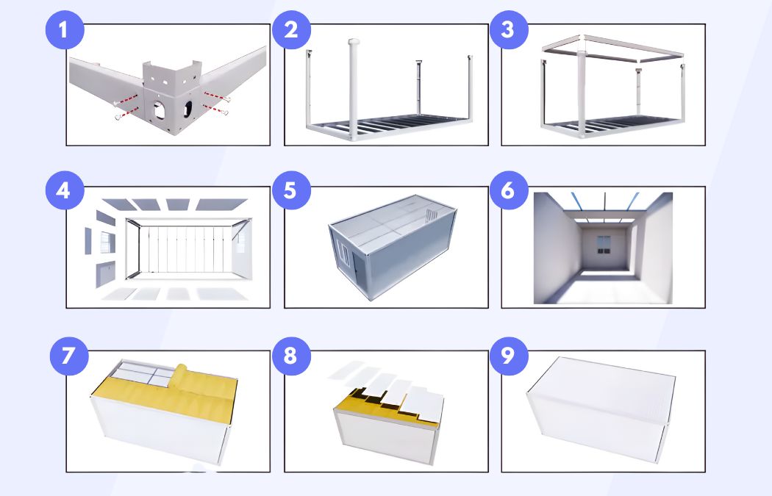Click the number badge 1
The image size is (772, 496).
tap(65, 32)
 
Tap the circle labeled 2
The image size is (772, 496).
tap(291, 32)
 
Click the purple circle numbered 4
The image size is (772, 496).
tap(65, 190)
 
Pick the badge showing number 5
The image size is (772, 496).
tap(291, 190)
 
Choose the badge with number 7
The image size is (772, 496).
tap(68, 356)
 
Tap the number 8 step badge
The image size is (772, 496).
tap(291, 356)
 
